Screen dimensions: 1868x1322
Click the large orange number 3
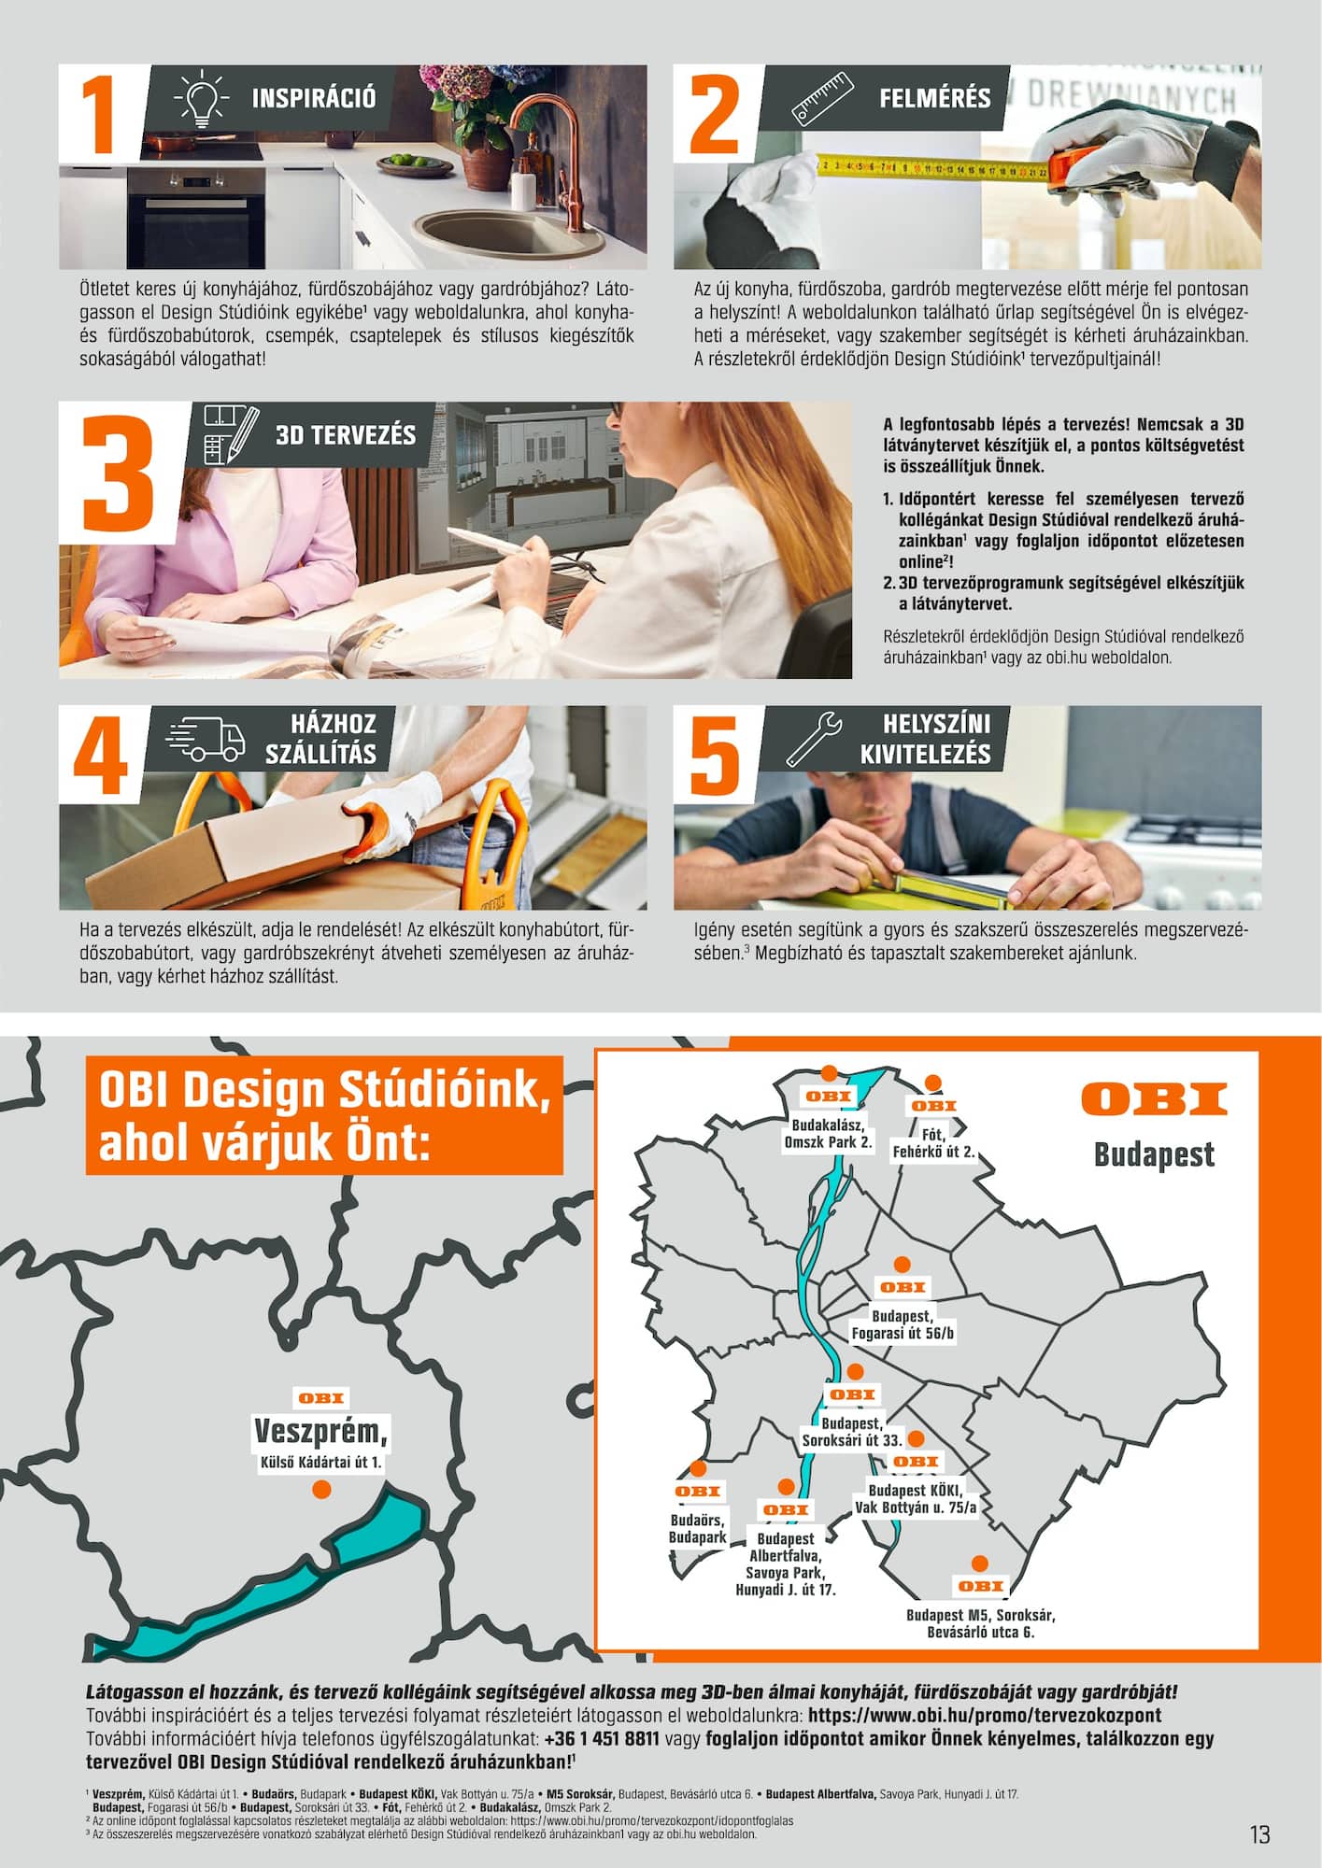(118, 477)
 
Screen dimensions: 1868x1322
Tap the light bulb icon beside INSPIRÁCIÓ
(201, 97)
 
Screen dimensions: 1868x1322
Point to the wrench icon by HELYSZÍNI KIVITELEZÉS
(815, 738)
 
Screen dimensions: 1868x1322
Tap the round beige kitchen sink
(473, 233)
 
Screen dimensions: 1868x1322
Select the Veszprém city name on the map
(320, 1431)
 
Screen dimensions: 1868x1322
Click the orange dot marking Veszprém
(321, 1489)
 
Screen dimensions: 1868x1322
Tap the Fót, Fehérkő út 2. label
(933, 1143)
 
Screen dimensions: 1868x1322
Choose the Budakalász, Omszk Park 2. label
(828, 1133)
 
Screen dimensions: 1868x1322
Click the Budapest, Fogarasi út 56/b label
(903, 1323)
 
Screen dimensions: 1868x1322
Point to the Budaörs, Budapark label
(698, 1528)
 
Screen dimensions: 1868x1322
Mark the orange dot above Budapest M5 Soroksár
(979, 1563)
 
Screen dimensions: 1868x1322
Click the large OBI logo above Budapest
(1155, 1099)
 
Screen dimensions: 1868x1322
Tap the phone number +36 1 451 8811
(602, 1738)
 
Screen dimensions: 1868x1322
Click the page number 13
(1259, 1834)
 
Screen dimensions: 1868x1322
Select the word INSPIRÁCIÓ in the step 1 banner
(314, 98)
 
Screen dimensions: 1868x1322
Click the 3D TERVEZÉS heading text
(346, 434)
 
